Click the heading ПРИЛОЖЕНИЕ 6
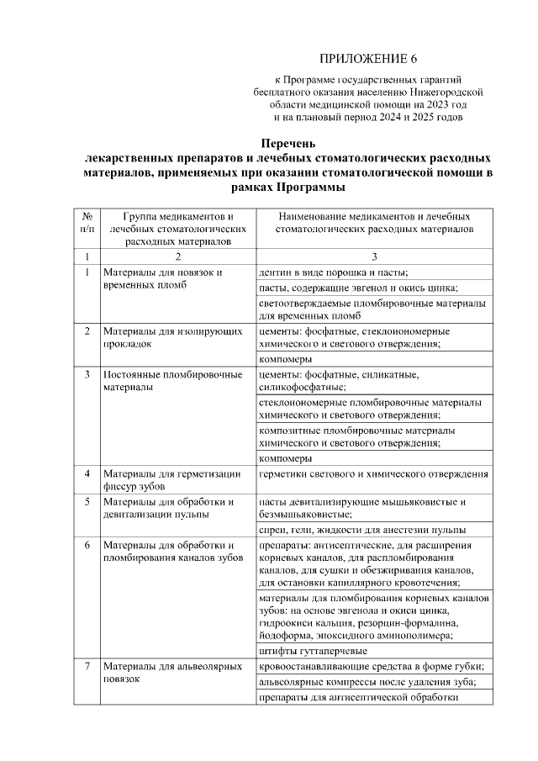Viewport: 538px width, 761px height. [368, 58]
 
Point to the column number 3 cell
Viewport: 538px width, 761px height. [373, 256]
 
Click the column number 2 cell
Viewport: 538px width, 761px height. [177, 256]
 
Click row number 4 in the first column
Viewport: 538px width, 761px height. [87, 474]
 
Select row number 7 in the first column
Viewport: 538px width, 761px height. [87, 667]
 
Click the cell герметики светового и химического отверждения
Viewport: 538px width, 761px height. [373, 474]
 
